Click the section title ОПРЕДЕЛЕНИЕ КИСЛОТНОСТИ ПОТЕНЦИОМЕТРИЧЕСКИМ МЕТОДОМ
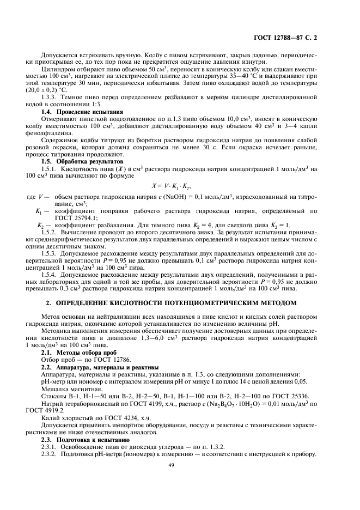[x=185, y=302]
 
